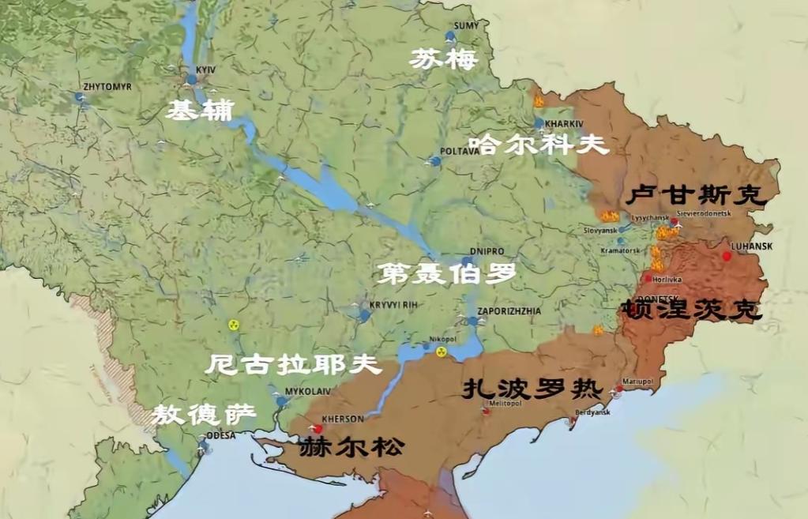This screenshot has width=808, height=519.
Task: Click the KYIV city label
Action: pyautogui.click(x=205, y=70)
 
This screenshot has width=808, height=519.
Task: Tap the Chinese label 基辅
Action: pyautogui.click(x=199, y=111)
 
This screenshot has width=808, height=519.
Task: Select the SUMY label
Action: pyautogui.click(x=467, y=26)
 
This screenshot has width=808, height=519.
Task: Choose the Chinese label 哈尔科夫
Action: pyautogui.click(x=539, y=145)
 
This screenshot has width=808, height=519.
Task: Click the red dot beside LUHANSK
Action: pyautogui.click(x=727, y=256)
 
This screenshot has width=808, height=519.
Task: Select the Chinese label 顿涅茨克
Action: pyautogui.click(x=692, y=309)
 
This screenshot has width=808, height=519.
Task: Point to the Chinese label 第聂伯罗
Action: pyautogui.click(x=446, y=273)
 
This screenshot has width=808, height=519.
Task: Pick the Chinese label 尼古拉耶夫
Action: pyautogui.click(x=293, y=365)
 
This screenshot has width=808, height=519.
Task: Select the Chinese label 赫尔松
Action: pyautogui.click(x=351, y=448)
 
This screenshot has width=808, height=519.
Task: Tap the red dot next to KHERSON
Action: pyautogui.click(x=318, y=428)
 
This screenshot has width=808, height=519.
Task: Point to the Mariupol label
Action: pyautogui.click(x=637, y=381)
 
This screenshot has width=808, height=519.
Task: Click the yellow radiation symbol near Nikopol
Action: pyautogui.click(x=442, y=352)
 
